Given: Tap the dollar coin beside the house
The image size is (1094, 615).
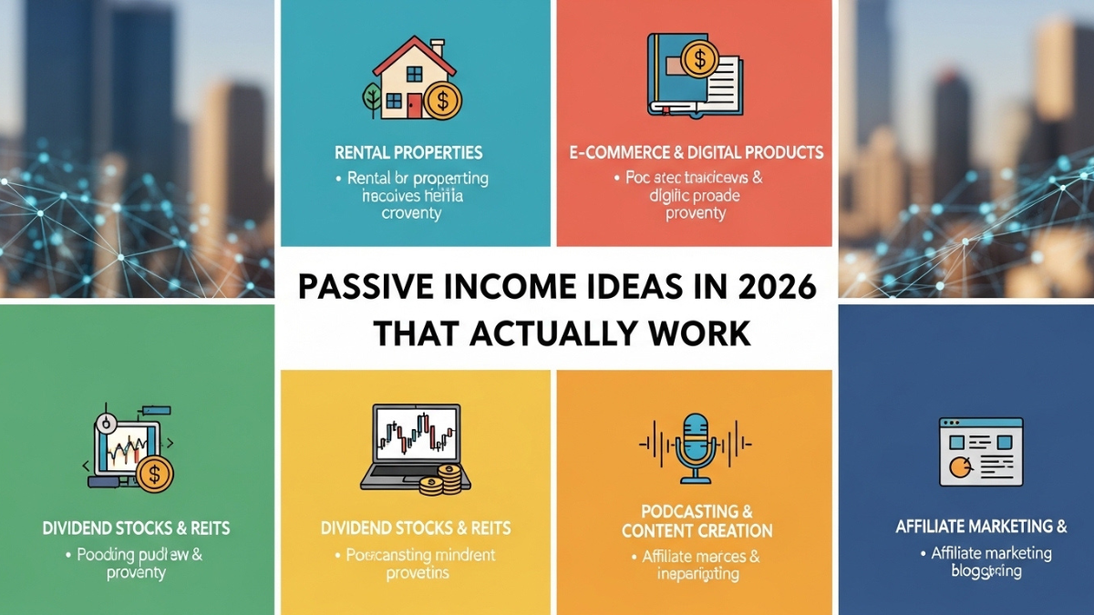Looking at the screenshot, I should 442,99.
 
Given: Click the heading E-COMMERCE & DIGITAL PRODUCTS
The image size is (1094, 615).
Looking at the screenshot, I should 695,152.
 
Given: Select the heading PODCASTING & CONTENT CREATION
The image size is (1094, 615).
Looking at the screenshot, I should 696,520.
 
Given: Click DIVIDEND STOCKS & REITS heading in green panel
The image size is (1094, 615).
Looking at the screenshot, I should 136,528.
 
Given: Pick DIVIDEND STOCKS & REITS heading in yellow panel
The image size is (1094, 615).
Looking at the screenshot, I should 416,528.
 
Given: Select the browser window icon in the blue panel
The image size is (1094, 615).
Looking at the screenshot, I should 980,452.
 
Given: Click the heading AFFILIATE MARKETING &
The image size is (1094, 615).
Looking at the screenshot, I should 981,526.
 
